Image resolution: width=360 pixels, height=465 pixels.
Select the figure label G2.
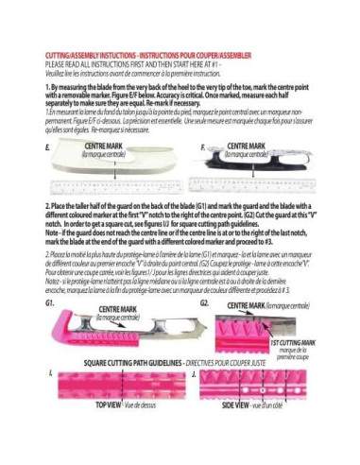coord(204,304)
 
